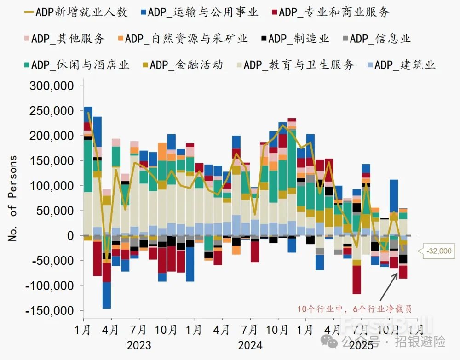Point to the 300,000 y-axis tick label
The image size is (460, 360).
coord(51,86)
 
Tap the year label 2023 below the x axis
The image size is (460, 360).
coord(138,345)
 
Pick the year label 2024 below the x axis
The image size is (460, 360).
coord(250,345)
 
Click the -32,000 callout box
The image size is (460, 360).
coord(438,251)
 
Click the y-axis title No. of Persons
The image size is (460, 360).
coord(13,198)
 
